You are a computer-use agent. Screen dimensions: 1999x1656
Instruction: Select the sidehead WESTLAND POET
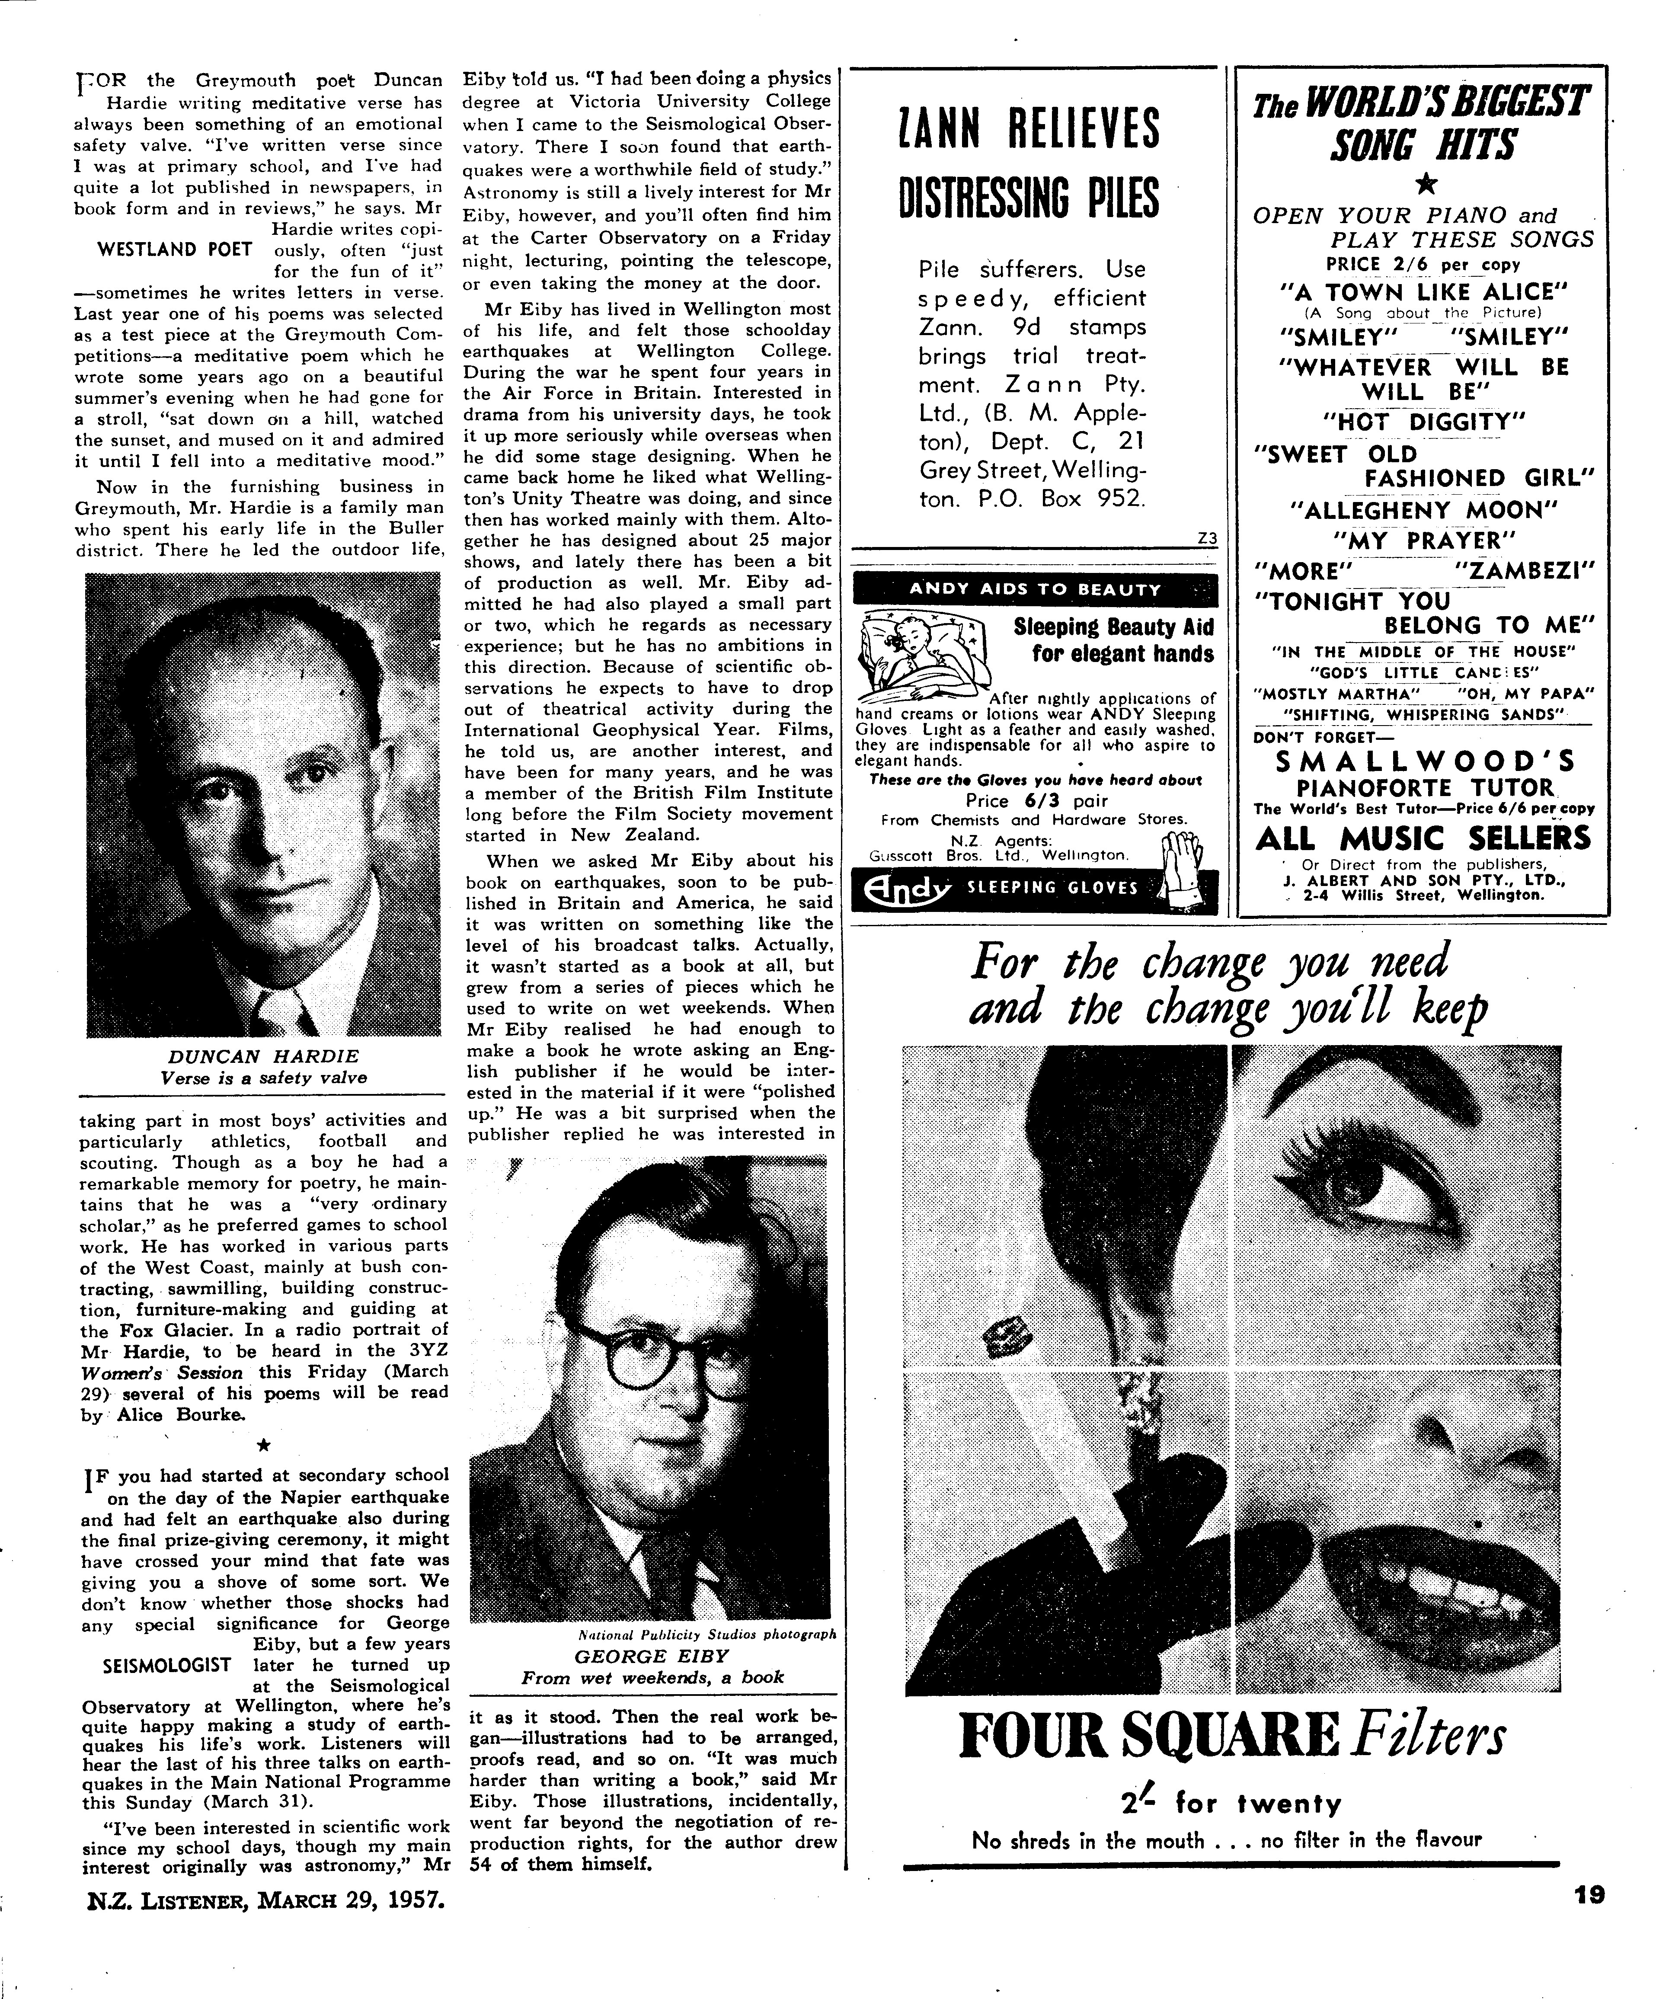[175, 249]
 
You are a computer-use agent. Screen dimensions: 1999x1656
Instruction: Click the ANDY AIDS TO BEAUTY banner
[1035, 589]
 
